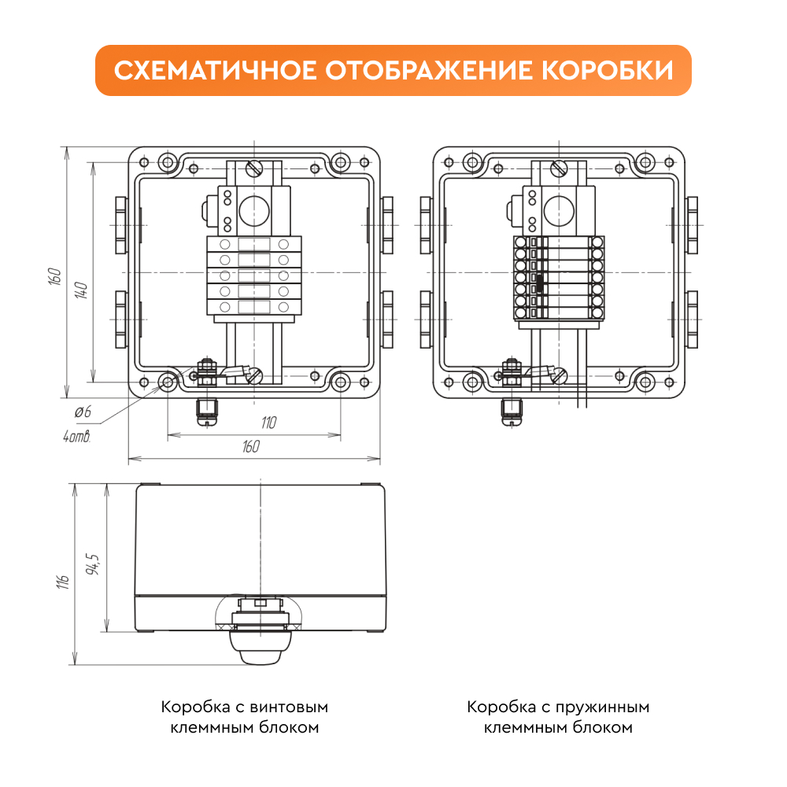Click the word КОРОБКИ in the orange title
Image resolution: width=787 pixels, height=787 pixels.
(x=608, y=70)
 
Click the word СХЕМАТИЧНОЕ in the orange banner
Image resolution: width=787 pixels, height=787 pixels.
(x=216, y=70)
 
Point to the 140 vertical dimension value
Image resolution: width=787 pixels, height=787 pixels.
(x=81, y=290)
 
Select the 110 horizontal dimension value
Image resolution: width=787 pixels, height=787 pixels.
(x=268, y=423)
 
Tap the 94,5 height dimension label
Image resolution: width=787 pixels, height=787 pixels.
(x=93, y=564)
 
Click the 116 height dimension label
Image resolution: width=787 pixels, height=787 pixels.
(x=63, y=582)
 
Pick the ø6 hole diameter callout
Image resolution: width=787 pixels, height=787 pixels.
(x=83, y=412)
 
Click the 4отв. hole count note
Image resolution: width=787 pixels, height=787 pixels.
(x=77, y=436)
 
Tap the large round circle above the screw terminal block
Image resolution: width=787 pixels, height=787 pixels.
(x=254, y=210)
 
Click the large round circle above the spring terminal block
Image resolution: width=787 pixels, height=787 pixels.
(x=559, y=210)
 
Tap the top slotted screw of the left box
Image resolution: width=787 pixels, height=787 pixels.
(x=254, y=168)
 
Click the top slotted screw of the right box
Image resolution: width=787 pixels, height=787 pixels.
(x=559, y=168)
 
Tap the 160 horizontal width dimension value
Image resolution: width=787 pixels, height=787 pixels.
(x=251, y=446)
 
